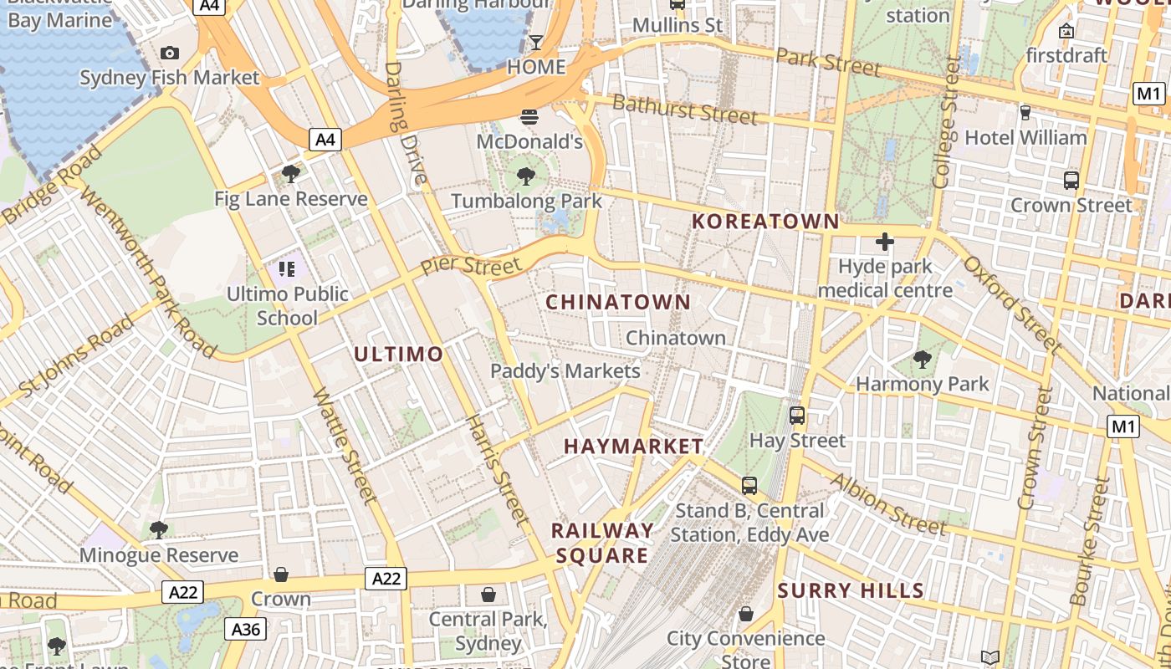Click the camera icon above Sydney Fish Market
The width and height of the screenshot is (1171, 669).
(170, 54)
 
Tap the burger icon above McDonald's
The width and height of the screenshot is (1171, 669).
(529, 117)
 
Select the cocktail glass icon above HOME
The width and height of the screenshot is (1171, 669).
(536, 42)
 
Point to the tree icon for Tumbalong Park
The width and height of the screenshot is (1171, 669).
(526, 176)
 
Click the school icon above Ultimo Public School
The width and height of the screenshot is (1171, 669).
(287, 269)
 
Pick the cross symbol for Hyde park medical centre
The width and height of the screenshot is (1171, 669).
(884, 243)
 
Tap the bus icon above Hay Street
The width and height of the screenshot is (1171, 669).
(797, 415)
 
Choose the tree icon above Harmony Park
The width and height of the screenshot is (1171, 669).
(922, 360)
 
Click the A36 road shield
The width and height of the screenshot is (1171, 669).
(246, 629)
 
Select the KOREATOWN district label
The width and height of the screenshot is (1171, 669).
(765, 222)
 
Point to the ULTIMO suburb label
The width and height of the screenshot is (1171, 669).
(398, 355)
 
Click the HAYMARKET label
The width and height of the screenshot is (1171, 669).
(634, 447)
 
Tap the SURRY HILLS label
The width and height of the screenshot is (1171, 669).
(851, 591)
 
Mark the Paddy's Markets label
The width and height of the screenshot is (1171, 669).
(565, 371)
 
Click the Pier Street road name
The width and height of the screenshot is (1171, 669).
(470, 266)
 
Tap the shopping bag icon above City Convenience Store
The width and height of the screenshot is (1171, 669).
(746, 615)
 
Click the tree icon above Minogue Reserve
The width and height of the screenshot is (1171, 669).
(158, 529)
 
